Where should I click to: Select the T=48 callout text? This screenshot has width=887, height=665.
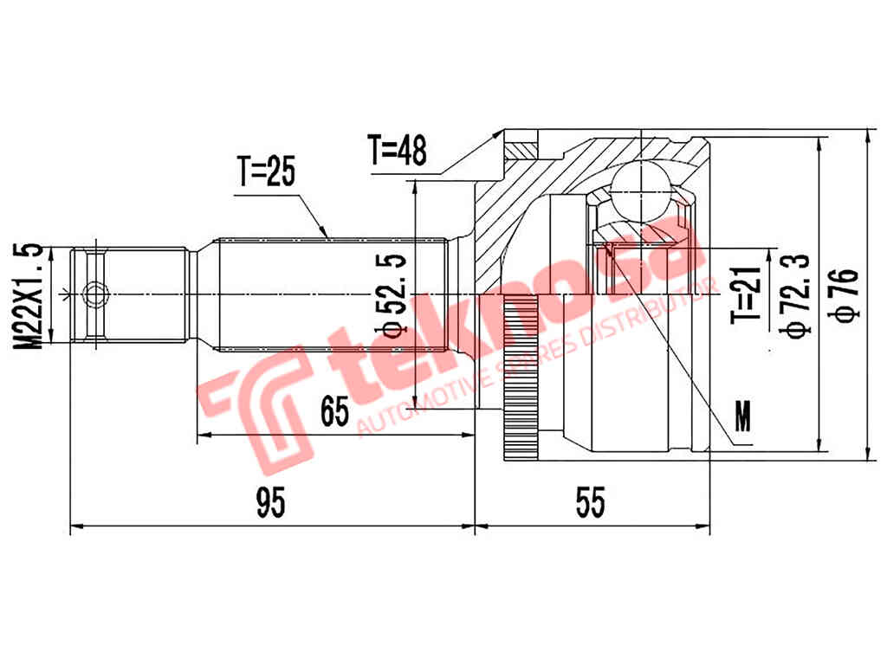[x=397, y=151]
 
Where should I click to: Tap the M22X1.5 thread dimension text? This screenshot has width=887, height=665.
[x=32, y=296]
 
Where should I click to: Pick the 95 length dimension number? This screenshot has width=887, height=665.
[x=270, y=502]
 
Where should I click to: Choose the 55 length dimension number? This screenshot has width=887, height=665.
[x=591, y=502]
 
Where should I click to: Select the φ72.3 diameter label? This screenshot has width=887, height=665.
[x=794, y=294]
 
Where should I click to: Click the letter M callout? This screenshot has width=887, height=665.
[x=742, y=417]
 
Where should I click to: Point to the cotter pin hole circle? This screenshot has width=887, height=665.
[x=92, y=295]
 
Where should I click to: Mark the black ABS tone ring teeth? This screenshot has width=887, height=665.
[x=518, y=381]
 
